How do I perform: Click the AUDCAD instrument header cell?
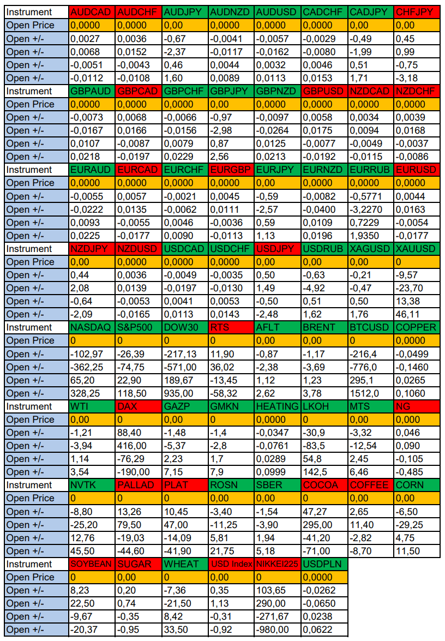click(x=92, y=12)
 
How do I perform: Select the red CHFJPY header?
click(x=417, y=12)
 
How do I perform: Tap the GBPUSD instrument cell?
click(x=324, y=91)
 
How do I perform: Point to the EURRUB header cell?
click(x=370, y=170)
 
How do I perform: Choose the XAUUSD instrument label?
click(x=417, y=249)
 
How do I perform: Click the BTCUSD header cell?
click(x=370, y=327)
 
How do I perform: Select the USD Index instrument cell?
click(x=231, y=564)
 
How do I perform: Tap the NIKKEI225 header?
click(x=277, y=564)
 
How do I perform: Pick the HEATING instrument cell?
click(x=277, y=406)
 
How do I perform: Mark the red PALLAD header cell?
click(x=138, y=485)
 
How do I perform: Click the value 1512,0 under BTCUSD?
click(x=370, y=393)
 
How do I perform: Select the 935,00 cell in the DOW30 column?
click(x=184, y=393)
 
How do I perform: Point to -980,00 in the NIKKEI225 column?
click(x=277, y=630)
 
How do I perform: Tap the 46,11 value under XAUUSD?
click(x=417, y=314)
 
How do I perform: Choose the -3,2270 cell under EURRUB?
click(x=370, y=209)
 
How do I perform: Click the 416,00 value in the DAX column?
click(x=138, y=446)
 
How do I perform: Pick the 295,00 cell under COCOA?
click(x=324, y=525)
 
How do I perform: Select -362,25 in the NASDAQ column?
click(x=92, y=367)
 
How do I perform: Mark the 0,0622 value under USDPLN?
click(x=324, y=630)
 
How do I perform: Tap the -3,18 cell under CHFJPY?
click(x=417, y=78)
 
